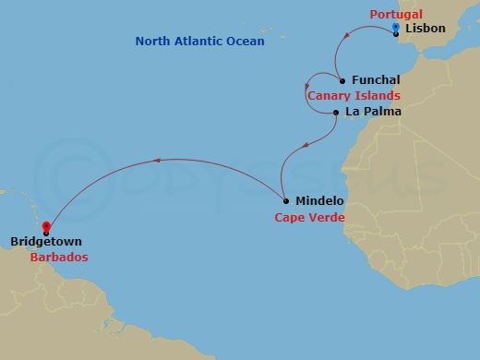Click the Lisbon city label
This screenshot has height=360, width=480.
[x=425, y=29]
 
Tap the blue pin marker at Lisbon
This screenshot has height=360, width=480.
[x=395, y=29]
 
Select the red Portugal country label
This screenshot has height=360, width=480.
[x=396, y=15]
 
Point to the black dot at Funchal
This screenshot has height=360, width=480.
[x=342, y=80]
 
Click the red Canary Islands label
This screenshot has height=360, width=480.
[x=354, y=95]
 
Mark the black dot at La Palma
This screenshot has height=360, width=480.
[x=335, y=113]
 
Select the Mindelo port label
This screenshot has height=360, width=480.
[x=319, y=200]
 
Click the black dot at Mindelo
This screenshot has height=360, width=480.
[x=286, y=200]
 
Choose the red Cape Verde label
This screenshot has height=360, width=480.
[x=309, y=218]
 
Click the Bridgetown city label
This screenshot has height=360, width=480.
[x=46, y=242]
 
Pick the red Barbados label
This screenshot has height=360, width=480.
[x=58, y=258]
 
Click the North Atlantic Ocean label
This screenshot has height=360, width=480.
[x=199, y=42]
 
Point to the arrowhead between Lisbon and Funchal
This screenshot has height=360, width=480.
[x=352, y=35]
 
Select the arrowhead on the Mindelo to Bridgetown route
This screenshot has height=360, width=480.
[x=155, y=161]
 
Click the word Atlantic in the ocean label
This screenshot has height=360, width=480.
[x=198, y=42]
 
